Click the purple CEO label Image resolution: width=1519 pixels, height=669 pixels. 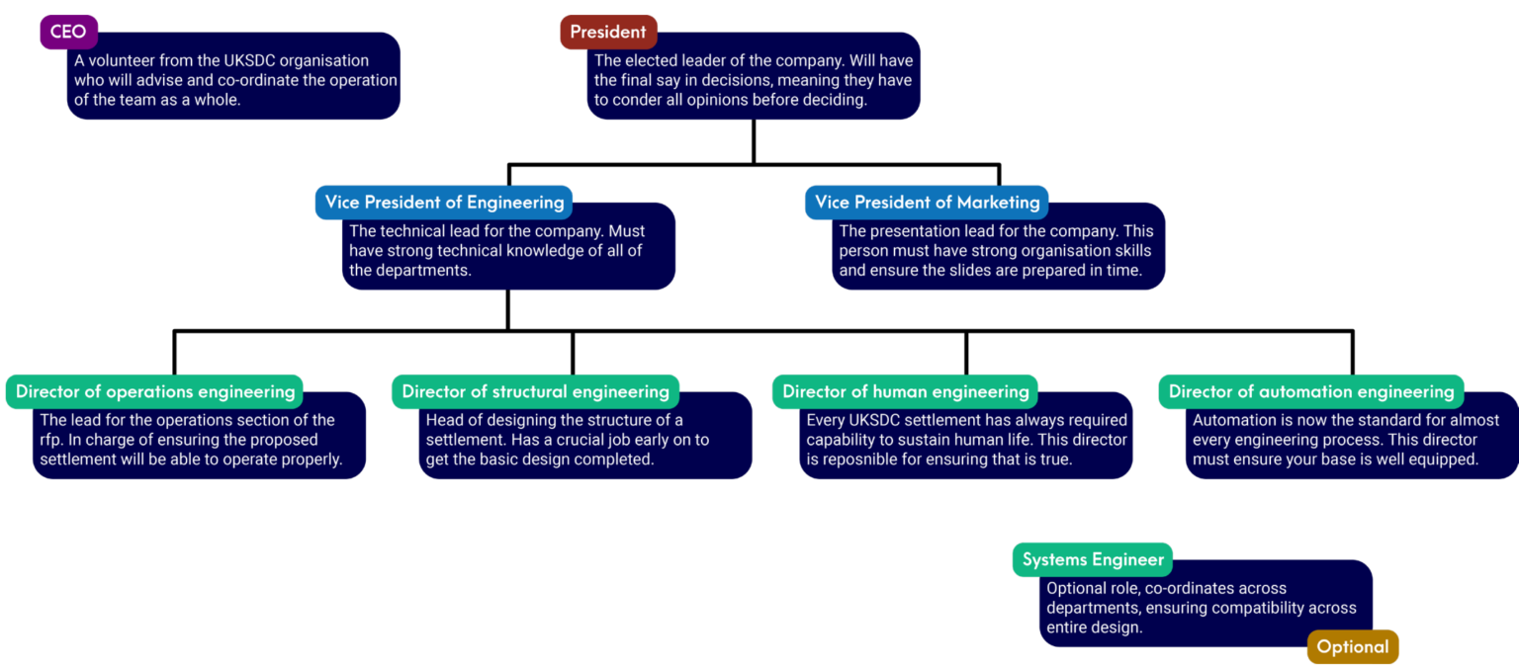click(x=68, y=32)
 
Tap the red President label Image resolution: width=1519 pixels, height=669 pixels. click(x=608, y=32)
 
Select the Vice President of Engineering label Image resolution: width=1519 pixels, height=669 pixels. click(x=444, y=202)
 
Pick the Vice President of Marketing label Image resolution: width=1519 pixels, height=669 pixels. click(x=927, y=202)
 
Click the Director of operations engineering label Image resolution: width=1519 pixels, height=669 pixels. click(x=154, y=391)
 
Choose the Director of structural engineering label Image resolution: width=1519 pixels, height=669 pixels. click(x=536, y=391)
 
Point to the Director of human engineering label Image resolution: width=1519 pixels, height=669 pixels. click(x=905, y=391)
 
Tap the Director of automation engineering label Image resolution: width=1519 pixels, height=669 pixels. click(x=1311, y=391)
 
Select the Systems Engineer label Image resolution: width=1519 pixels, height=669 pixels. click(x=1093, y=559)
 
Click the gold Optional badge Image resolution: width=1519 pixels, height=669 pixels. click(x=1353, y=646)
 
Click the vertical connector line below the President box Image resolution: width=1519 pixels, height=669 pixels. click(x=754, y=141)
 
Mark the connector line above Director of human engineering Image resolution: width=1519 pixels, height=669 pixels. click(x=966, y=353)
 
